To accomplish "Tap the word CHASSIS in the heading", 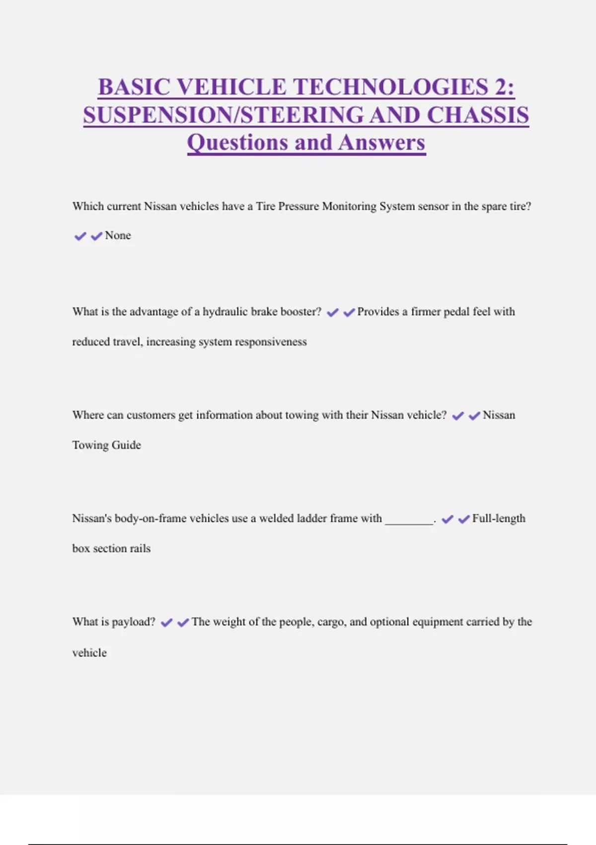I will coord(478,115).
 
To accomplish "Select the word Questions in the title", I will coord(236,143).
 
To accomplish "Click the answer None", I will coord(118,236).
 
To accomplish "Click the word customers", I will coord(151,415).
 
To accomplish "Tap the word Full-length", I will coord(499,518).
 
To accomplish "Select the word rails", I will coord(140,549).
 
